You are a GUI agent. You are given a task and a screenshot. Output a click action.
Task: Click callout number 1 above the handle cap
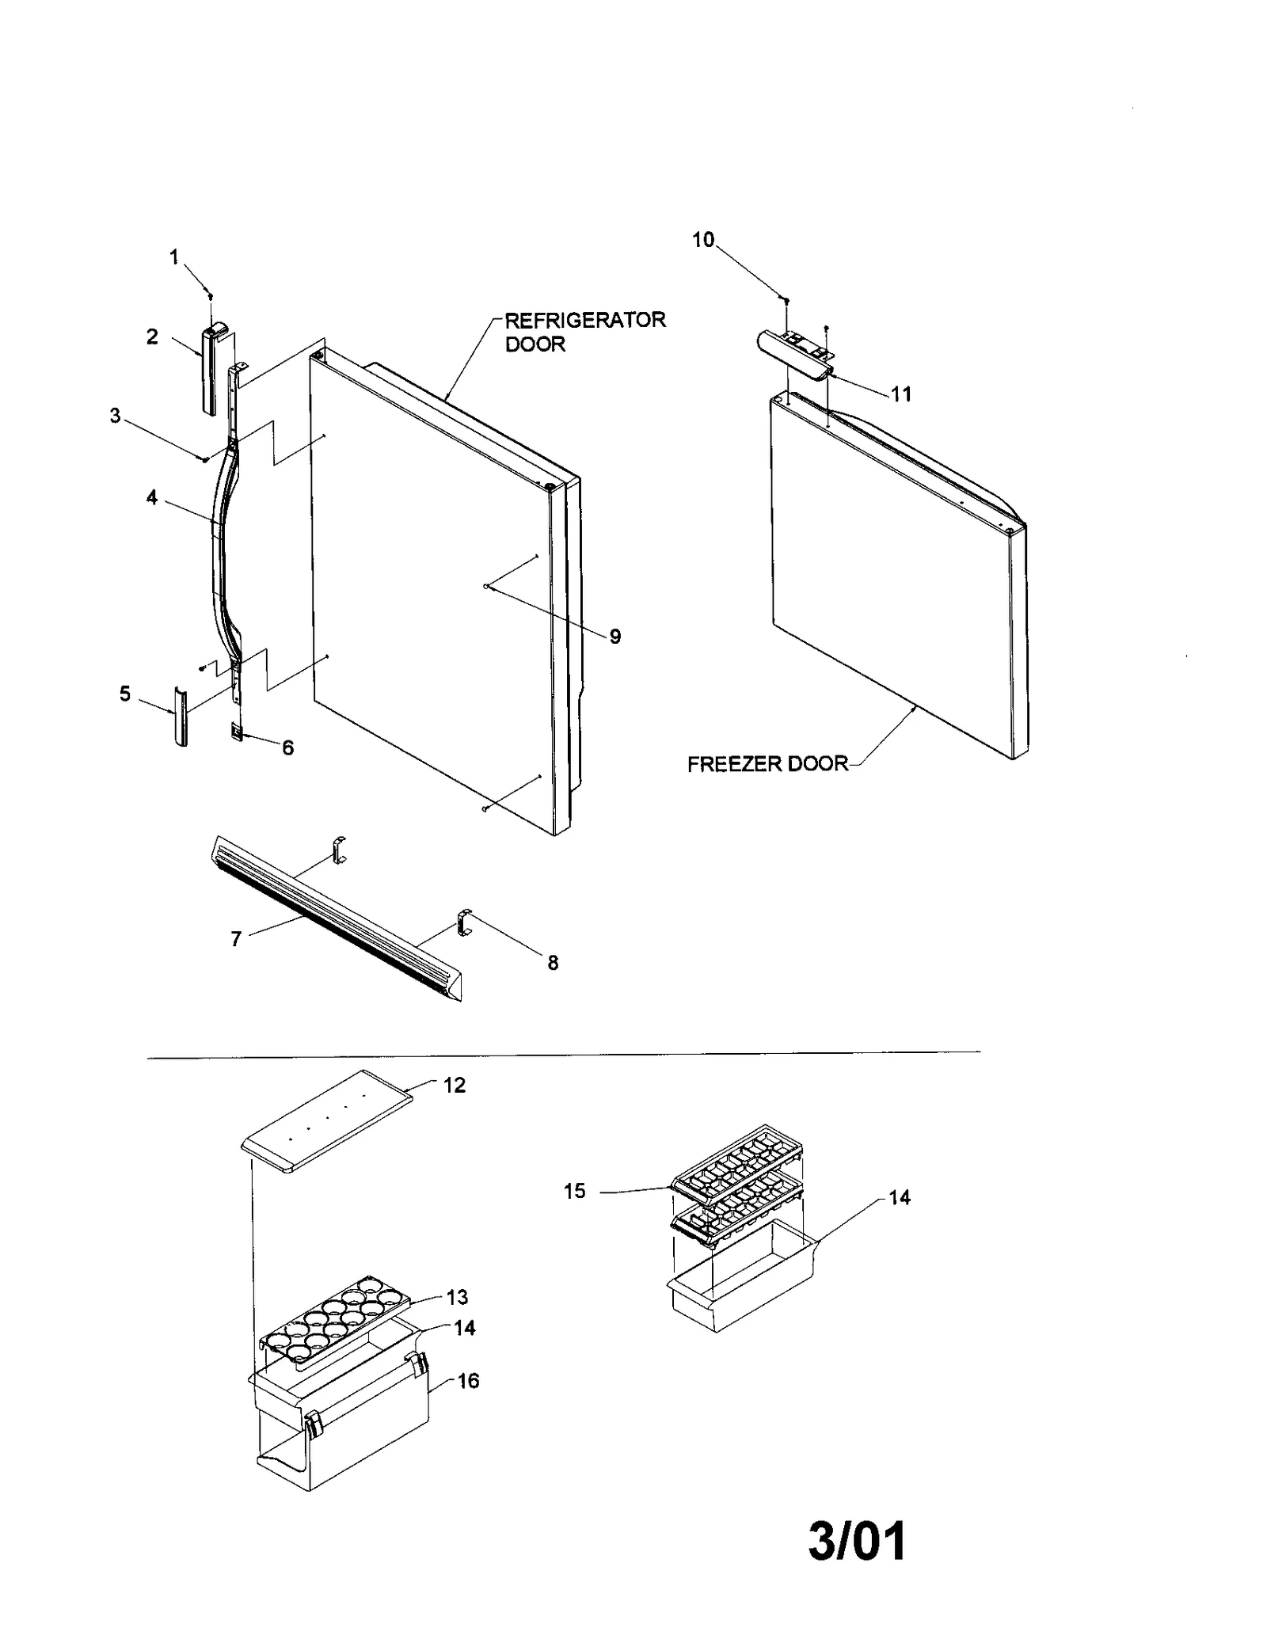point(174,257)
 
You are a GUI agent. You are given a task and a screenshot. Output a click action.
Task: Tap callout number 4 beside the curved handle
point(151,498)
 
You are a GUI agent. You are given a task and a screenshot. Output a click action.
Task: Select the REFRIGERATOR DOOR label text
point(584,332)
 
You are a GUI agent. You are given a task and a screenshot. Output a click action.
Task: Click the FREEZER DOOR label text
point(767,764)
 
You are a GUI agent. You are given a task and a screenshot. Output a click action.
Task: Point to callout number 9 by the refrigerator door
point(615,636)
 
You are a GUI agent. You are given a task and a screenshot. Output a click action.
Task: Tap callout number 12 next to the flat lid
point(454,1086)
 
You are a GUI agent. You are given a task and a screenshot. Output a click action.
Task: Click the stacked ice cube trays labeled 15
point(736,1188)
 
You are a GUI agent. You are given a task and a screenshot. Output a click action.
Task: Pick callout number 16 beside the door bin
point(468,1381)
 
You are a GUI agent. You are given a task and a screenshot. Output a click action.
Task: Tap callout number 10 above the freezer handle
point(703,240)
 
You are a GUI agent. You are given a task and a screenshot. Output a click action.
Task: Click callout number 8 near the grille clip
point(553,963)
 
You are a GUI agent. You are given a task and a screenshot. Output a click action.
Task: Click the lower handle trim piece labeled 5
point(181,717)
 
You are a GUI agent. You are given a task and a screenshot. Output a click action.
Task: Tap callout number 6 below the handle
point(287,747)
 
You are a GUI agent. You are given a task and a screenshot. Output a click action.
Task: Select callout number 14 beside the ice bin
point(899,1198)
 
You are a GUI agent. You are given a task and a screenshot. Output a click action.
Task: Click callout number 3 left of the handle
point(116,416)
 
